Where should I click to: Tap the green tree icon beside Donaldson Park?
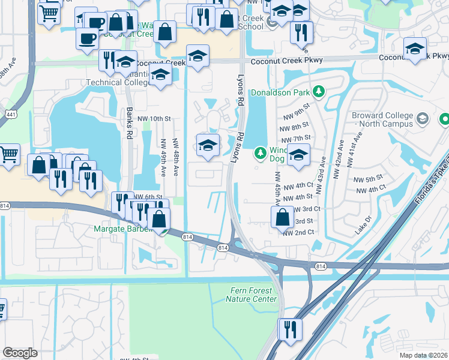tap(320, 92)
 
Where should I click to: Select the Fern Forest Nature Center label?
tap(254, 295)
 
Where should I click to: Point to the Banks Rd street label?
tap(129, 124)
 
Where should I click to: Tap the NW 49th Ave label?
tap(163, 159)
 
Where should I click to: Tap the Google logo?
tap(20, 352)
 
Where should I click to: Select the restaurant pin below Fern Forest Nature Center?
tap(289, 329)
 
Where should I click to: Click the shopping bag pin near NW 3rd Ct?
tap(282, 217)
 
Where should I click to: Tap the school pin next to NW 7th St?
tap(298, 155)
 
